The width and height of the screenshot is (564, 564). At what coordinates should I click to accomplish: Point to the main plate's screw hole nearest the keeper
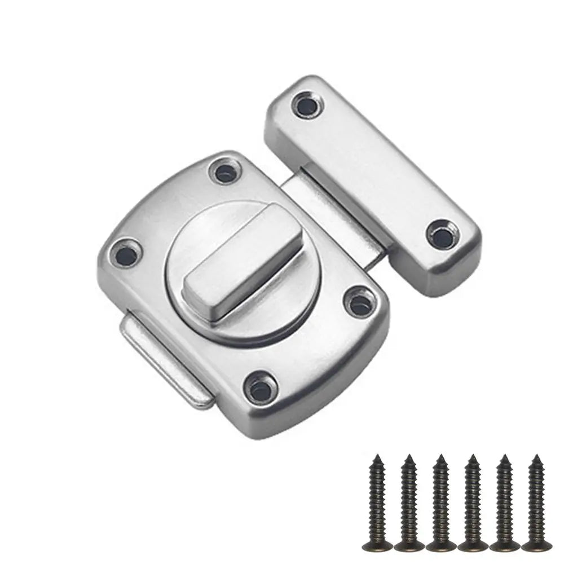coord(359,303)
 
